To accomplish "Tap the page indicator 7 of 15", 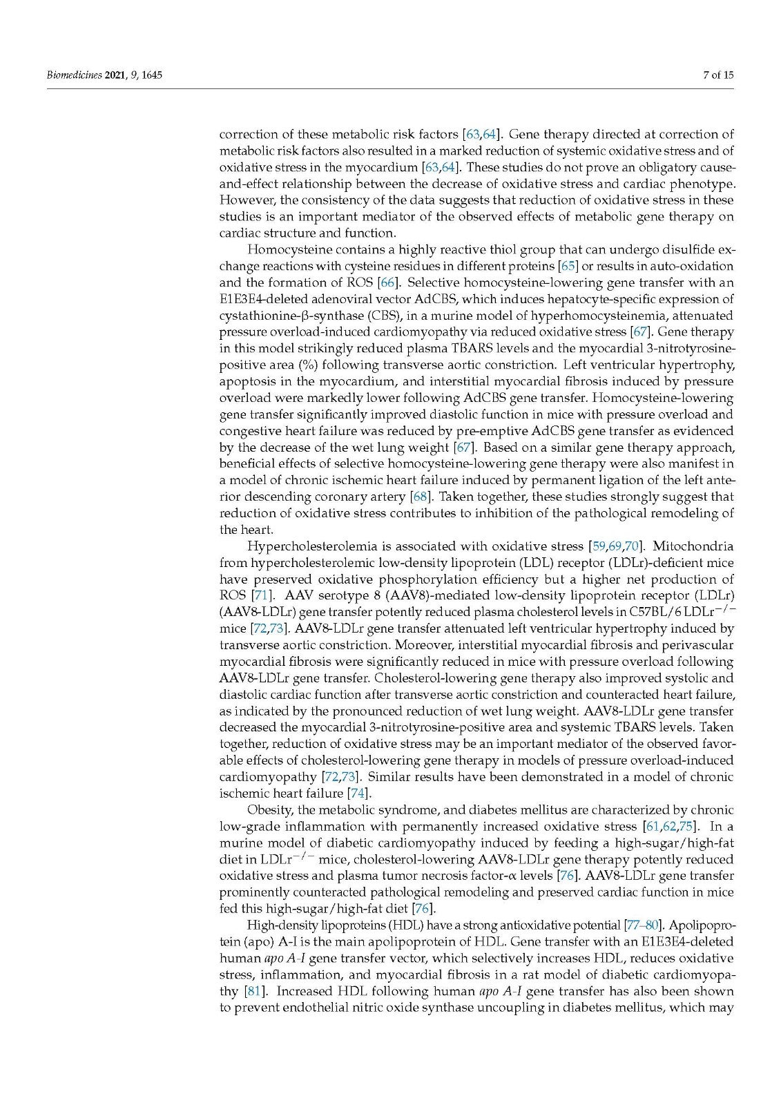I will [718, 75].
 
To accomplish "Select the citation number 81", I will [253, 991].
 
